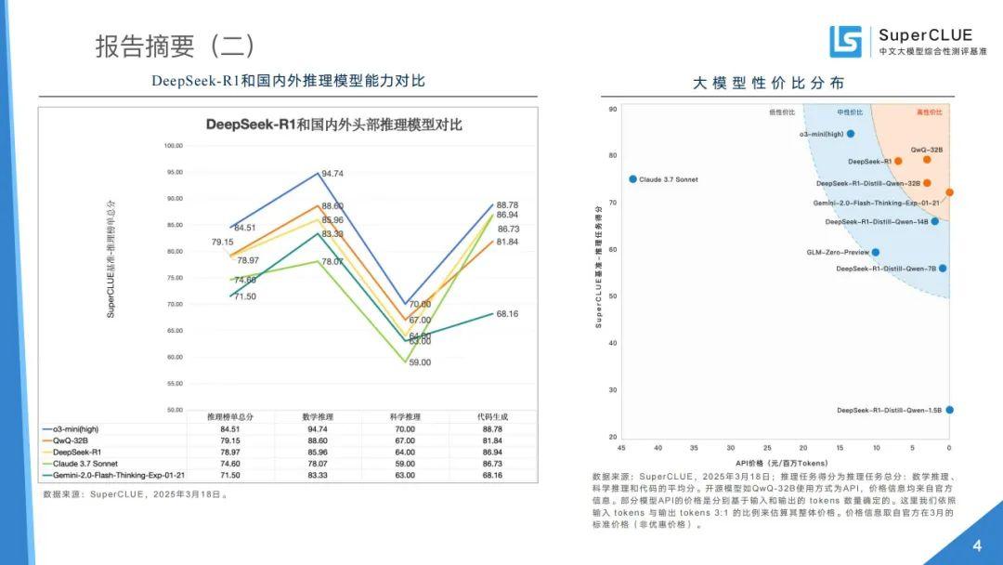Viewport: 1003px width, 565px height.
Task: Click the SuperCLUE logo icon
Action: (845, 42)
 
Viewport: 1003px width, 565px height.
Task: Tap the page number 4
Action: (976, 545)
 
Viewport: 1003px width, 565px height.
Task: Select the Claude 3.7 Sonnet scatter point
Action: (632, 179)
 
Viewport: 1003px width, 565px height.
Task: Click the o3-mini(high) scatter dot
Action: (850, 134)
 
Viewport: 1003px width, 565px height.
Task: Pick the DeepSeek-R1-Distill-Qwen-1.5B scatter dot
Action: (949, 410)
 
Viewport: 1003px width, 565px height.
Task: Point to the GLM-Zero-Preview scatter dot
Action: (875, 252)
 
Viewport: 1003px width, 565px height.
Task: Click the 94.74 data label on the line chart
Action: (332, 174)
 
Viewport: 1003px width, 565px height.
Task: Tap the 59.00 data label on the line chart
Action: (420, 362)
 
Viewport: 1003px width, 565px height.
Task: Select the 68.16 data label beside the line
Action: (507, 314)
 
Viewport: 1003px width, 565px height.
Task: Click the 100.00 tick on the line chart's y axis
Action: (174, 146)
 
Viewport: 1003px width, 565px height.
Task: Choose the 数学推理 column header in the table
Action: (319, 417)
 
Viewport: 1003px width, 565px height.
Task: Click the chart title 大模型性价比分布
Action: (769, 83)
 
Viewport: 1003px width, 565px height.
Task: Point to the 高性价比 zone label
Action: (929, 112)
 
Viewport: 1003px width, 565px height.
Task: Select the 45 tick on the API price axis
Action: (621, 448)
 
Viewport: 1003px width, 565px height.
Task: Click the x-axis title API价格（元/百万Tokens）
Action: (782, 461)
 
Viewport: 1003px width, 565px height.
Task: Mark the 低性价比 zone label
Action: (782, 112)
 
